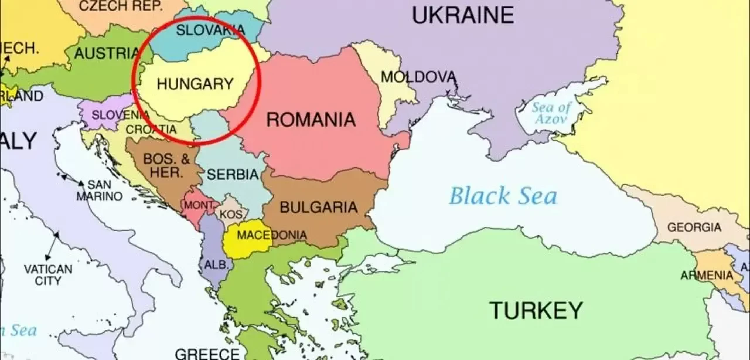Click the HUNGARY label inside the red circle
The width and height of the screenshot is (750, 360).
195,84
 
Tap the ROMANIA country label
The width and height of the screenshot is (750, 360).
311,120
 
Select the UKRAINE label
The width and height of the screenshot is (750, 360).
463,15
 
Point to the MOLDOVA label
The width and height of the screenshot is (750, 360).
418,77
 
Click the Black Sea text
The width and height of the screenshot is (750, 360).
503,196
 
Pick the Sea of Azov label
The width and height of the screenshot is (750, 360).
551,113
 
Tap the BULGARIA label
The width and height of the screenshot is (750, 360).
319,207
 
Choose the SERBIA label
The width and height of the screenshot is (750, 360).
233,174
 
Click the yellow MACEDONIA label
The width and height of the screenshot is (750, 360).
271,236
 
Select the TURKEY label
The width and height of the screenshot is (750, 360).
536,309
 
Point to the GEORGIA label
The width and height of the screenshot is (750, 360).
694,227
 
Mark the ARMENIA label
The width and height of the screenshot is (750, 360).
706,275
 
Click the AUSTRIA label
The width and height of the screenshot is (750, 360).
107,53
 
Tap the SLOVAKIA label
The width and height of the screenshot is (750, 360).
202,30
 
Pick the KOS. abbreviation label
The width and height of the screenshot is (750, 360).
231,215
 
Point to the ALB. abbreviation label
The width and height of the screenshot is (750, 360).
215,265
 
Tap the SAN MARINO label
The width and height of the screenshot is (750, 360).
99,191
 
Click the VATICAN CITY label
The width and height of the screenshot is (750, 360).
48,275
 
